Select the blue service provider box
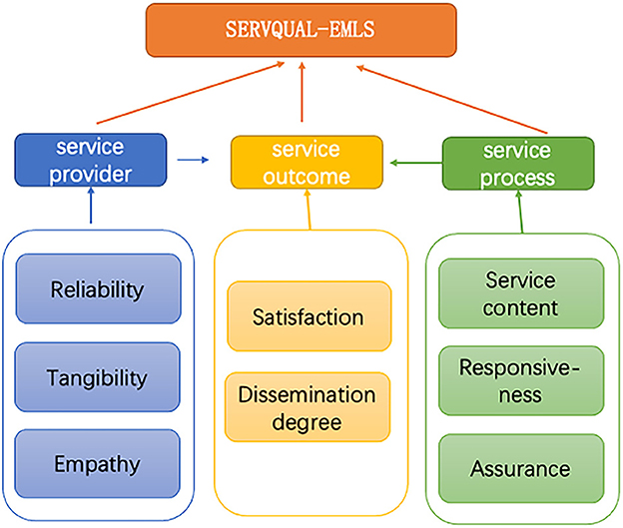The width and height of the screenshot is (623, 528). pos(90,162)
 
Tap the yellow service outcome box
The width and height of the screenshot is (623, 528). pos(307,163)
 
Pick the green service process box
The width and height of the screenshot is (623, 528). pos(518,163)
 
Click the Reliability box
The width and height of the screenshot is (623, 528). pos(97,289)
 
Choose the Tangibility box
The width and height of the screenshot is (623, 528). pos(97,377)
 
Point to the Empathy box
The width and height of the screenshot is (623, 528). pos(97,463)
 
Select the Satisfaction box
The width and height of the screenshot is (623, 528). pos(308,317)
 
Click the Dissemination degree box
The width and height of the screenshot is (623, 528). pos(308,407)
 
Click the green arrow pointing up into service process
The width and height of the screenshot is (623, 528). pos(519,211)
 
